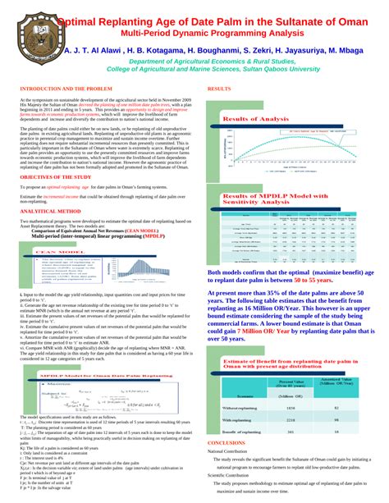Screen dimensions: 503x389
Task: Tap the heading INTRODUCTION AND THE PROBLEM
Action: (x=65, y=88)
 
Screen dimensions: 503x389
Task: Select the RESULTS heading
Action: (x=219, y=88)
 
